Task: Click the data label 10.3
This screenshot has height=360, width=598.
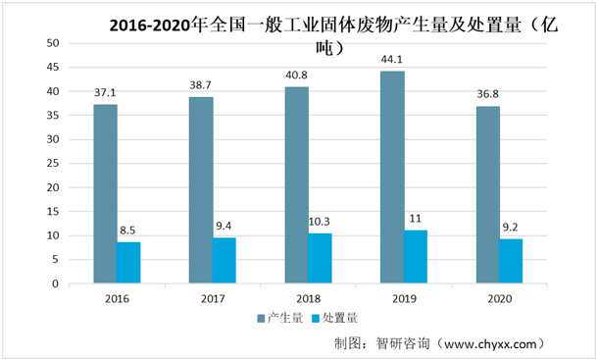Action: (x=320, y=224)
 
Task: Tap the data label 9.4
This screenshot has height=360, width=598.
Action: (x=224, y=229)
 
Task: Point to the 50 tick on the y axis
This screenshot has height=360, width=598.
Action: (x=53, y=43)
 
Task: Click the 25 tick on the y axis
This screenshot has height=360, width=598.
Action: (x=53, y=164)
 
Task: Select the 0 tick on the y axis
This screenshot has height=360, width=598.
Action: (x=57, y=284)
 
